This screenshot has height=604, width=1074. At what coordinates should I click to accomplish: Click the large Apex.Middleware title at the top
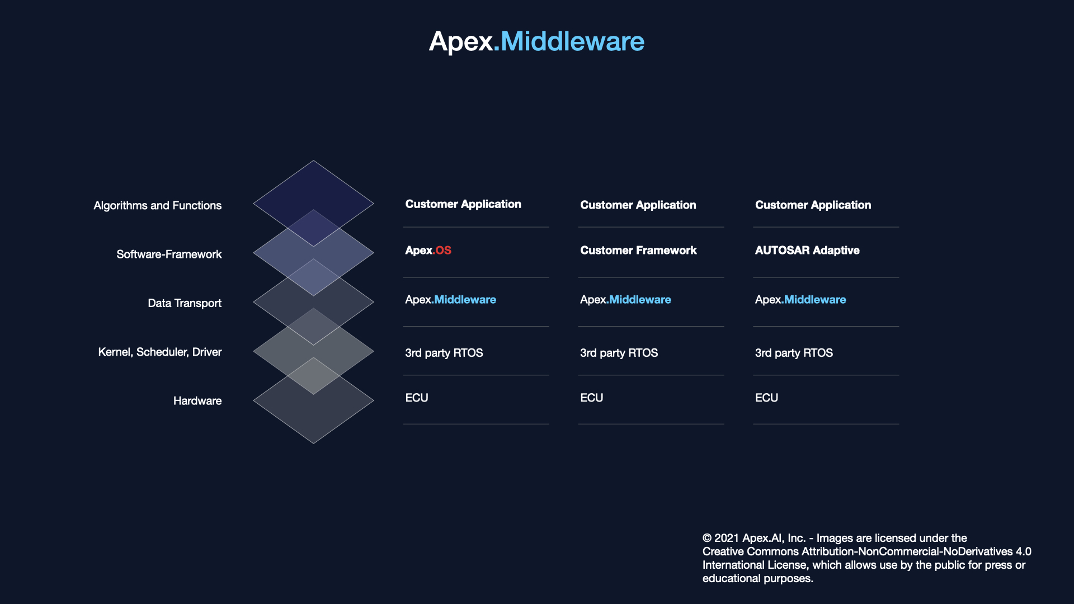tap(536, 41)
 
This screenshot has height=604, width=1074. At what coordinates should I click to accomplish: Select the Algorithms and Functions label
tap(158, 206)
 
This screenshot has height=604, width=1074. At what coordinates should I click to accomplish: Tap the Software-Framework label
tap(169, 254)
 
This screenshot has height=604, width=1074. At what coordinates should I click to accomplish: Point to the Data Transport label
tap(185, 303)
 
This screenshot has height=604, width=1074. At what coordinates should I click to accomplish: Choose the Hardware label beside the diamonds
tap(197, 401)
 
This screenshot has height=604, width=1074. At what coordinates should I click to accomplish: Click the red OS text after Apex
tap(444, 251)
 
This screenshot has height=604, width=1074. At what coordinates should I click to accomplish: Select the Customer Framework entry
tap(638, 251)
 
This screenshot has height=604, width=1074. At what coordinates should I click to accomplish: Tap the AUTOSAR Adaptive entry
tap(807, 251)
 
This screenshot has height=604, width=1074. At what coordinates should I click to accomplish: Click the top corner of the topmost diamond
tap(314, 161)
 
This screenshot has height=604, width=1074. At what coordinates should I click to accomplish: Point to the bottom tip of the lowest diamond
tap(314, 443)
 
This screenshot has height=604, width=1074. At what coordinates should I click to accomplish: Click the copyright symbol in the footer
tap(707, 538)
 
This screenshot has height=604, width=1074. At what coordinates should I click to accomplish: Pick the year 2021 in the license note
tap(727, 538)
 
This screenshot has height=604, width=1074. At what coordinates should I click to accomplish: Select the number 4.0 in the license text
tap(1024, 551)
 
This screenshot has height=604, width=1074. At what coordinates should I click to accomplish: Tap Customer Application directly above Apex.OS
tap(463, 205)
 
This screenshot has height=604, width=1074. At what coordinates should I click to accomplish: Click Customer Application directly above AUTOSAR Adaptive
tap(813, 205)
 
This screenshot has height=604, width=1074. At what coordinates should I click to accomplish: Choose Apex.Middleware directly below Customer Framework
tap(625, 300)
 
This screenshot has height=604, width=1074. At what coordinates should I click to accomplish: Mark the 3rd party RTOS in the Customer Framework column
tap(619, 353)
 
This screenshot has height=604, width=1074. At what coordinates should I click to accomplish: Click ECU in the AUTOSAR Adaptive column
tap(766, 398)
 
